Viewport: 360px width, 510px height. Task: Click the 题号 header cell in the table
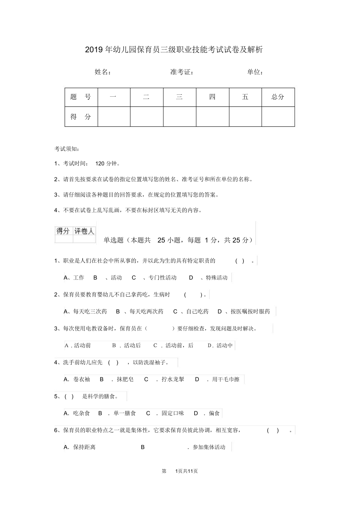(x=81, y=97)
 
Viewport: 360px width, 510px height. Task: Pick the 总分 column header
(x=278, y=97)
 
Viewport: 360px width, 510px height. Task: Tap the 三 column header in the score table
(x=179, y=97)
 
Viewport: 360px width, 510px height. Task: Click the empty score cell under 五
(x=245, y=117)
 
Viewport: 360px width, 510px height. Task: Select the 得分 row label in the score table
(x=81, y=117)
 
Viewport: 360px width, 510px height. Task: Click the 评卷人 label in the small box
(x=84, y=231)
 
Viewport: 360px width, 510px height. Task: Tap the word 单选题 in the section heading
(x=113, y=240)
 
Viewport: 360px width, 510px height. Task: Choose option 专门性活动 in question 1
(x=160, y=278)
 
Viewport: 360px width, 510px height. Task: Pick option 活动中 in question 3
(x=225, y=345)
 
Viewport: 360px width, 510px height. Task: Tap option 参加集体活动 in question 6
(x=209, y=447)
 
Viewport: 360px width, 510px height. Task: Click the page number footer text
(x=180, y=471)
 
